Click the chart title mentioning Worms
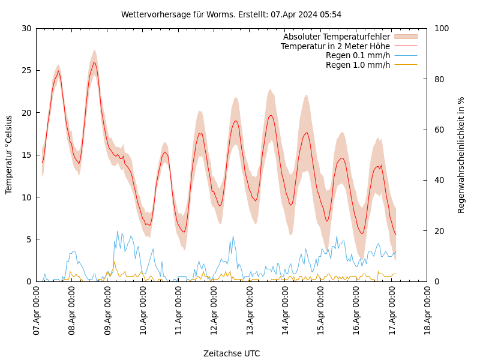tap(231, 14)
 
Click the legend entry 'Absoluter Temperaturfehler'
tap(336, 37)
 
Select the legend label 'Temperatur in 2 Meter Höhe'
tap(335, 46)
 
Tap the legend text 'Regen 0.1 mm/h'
tap(358, 56)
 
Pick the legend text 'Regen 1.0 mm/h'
tap(358, 65)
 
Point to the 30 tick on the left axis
tap(26, 28)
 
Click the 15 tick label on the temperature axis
tap(26, 155)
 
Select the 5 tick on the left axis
tap(28, 239)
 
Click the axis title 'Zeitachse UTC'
tap(232, 353)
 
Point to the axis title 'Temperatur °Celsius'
tap(9, 155)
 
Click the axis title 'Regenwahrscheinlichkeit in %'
tap(461, 155)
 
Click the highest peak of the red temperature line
tap(94, 62)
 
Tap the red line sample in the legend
tap(406, 46)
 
